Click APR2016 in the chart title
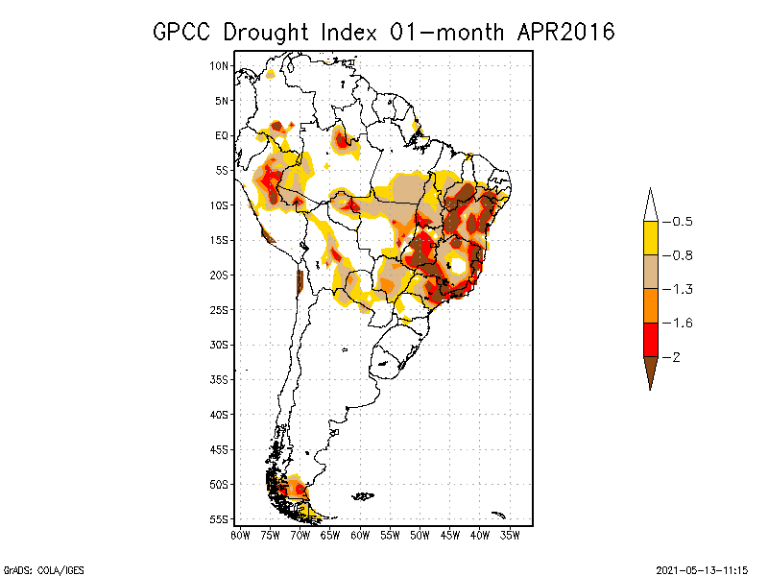565,32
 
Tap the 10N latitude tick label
220,65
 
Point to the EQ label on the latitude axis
222,135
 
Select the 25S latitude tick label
220,309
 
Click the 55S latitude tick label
220,518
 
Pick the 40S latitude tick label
220,414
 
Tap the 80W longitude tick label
240,535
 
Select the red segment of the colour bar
650,339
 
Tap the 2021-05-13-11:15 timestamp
702,569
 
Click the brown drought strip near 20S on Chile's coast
300,281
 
